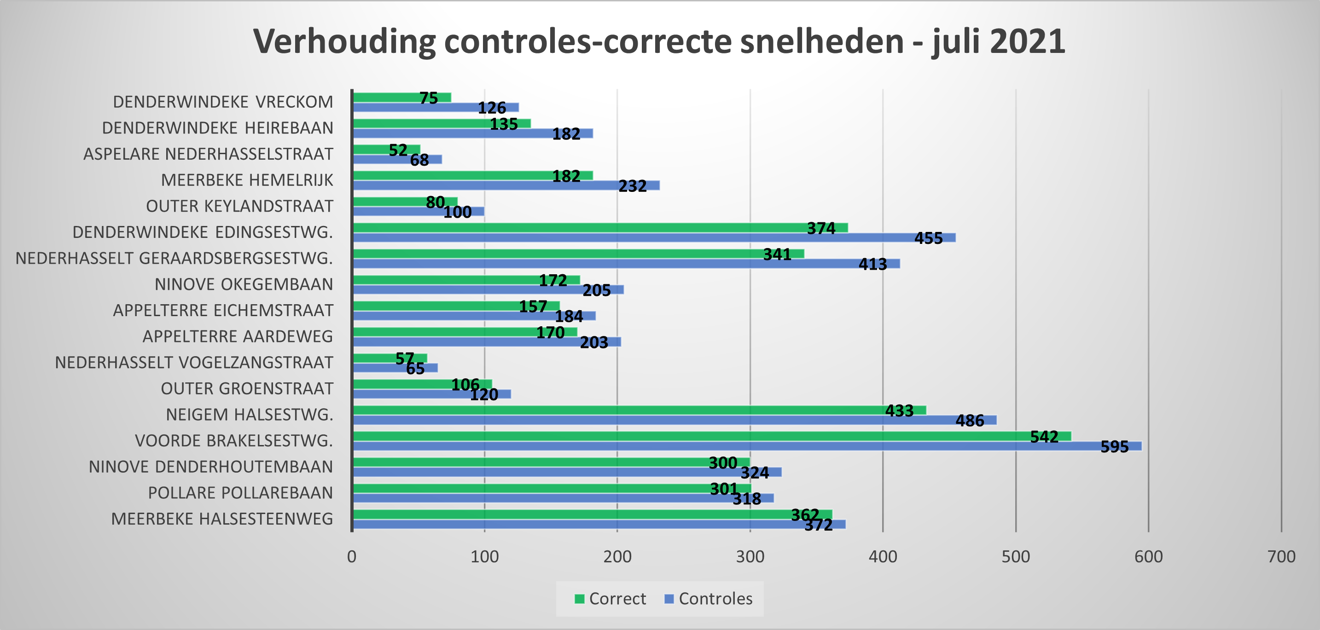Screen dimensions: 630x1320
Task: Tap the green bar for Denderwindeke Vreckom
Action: [384, 97]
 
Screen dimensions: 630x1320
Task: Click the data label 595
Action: [1115, 447]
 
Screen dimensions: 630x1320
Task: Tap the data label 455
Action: [929, 238]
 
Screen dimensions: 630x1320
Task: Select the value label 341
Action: [777, 254]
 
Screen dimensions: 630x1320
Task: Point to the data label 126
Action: [492, 108]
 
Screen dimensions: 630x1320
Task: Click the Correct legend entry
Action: [611, 599]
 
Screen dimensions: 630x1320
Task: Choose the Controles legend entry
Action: [709, 599]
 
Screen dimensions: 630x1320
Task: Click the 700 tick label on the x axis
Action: [1281, 557]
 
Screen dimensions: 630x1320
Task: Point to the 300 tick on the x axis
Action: [750, 557]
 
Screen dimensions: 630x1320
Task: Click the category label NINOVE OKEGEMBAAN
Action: [244, 284]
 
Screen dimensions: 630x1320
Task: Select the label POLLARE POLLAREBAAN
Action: [240, 493]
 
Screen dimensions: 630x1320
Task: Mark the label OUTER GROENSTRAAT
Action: [247, 389]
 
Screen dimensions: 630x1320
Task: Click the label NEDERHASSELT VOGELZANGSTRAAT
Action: [194, 363]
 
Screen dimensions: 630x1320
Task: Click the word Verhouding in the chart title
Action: [344, 41]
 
